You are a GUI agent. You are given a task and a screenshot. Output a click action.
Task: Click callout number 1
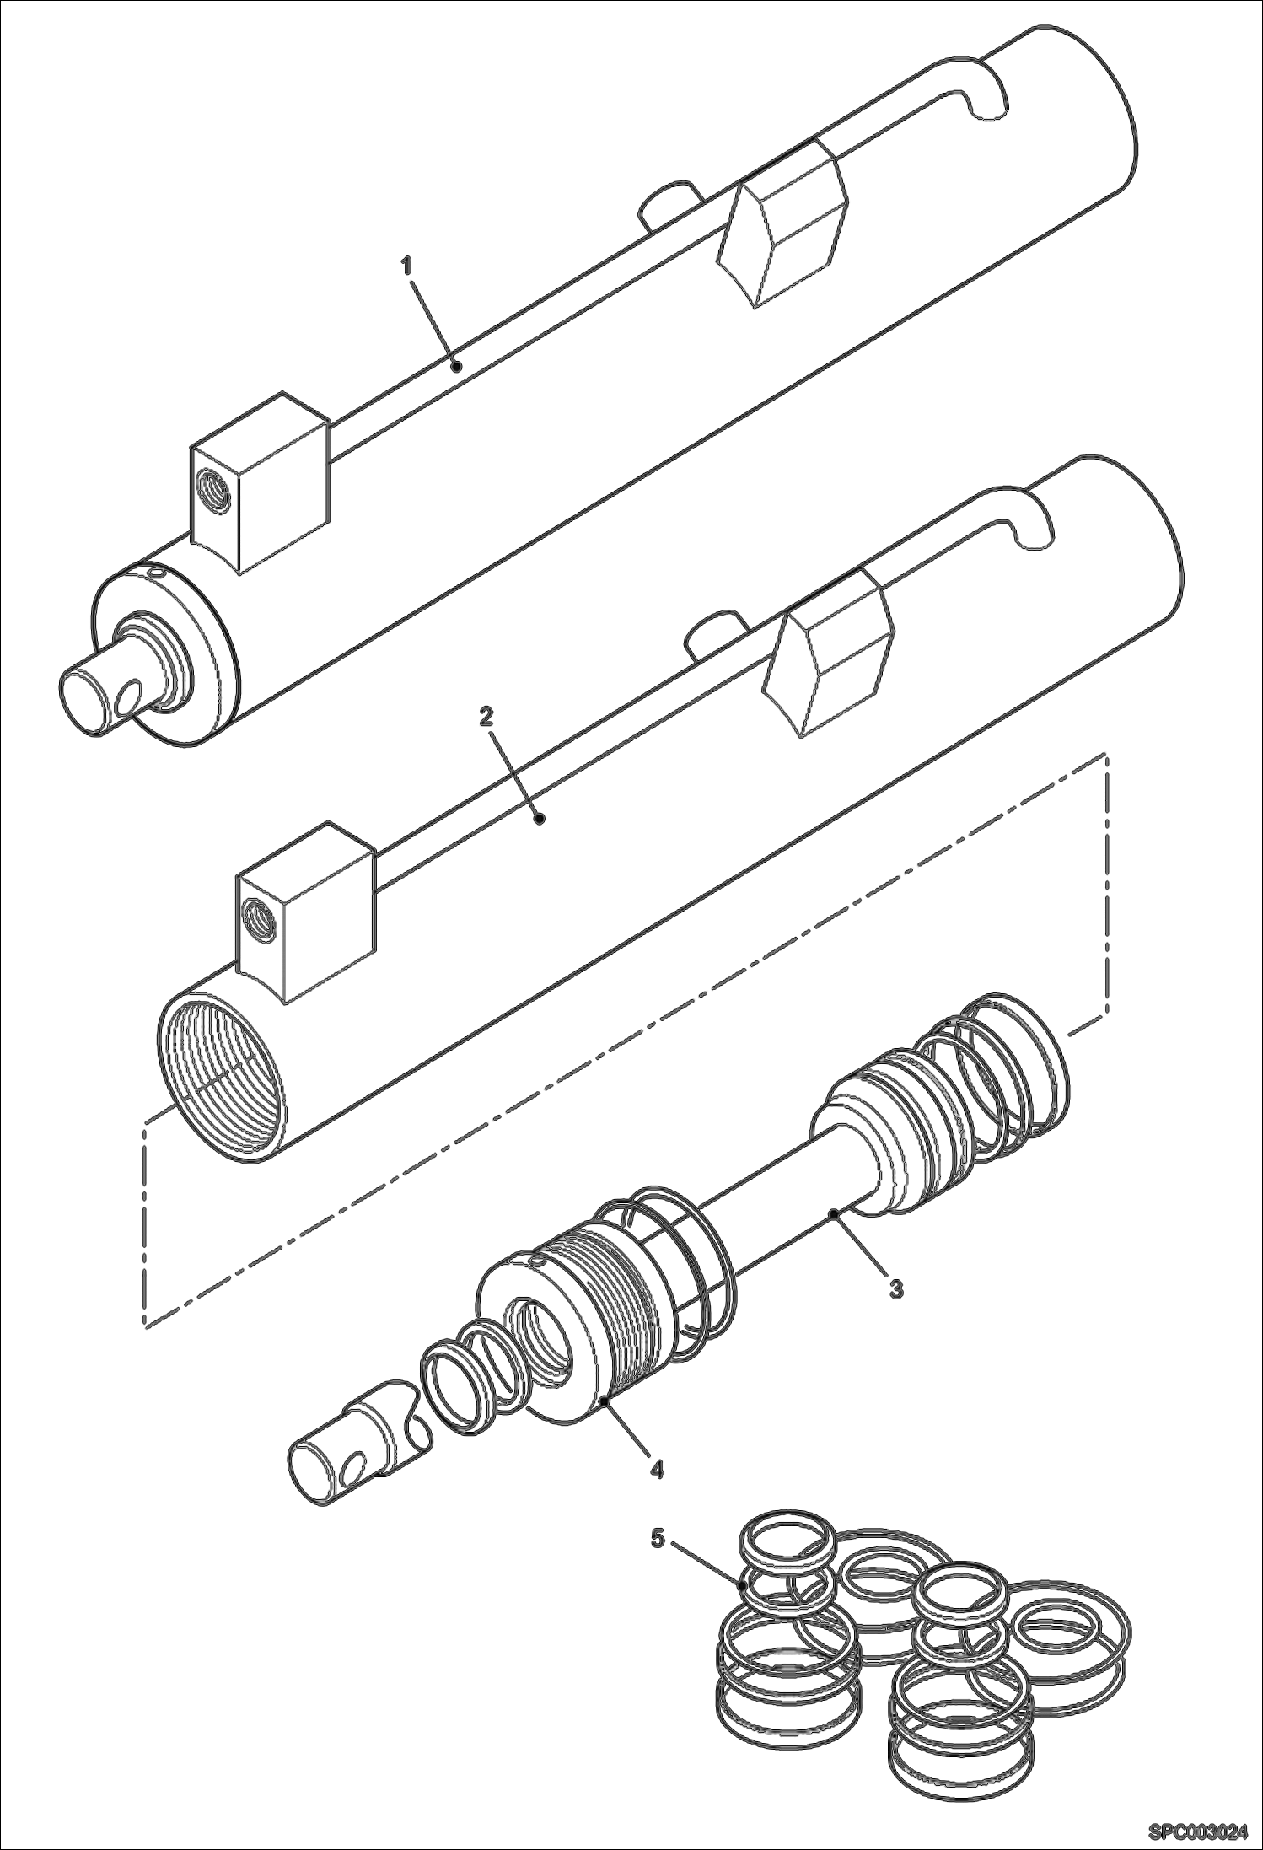click(406, 266)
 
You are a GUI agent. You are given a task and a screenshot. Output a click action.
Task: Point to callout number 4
click(656, 1469)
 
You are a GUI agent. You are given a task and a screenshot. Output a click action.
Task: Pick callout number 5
click(658, 1540)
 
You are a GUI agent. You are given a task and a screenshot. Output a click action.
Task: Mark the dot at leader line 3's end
click(833, 1213)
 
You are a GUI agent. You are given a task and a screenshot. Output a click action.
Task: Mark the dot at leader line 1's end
click(455, 365)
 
